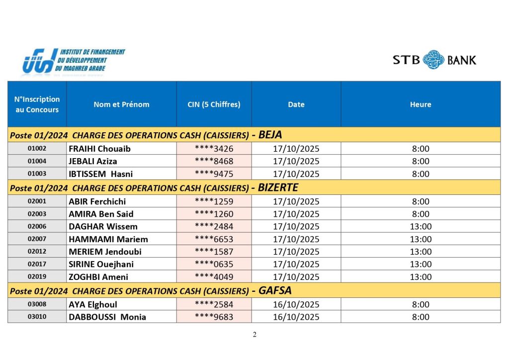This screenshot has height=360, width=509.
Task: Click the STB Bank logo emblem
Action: tap(433, 60)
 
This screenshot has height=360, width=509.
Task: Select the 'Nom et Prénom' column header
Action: tap(121, 104)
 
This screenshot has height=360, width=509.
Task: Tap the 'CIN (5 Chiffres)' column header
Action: tap(214, 104)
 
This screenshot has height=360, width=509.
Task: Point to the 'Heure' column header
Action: tap(421, 104)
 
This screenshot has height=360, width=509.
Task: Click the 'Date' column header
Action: tap(296, 104)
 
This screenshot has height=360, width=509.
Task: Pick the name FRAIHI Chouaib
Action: tap(99, 149)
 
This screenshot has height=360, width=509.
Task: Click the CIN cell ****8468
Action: tap(214, 161)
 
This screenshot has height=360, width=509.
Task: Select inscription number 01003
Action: tap(37, 174)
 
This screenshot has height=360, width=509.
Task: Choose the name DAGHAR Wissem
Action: tap(103, 227)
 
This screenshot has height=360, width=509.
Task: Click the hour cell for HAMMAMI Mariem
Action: tap(421, 239)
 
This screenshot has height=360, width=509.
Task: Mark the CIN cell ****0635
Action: tap(214, 264)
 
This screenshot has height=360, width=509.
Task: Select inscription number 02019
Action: tap(37, 277)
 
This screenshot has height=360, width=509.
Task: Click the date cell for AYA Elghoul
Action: tap(296, 304)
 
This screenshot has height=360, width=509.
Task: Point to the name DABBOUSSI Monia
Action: tap(107, 317)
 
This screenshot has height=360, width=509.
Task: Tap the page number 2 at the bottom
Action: tap(254, 335)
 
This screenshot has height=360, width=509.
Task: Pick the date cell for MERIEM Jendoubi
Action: tap(296, 252)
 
